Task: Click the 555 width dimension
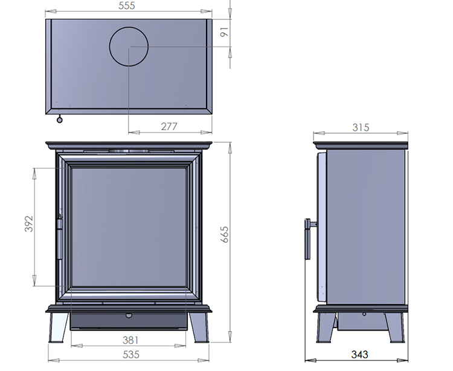pos(127,6)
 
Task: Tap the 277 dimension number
pos(170,126)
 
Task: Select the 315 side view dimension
pos(361,127)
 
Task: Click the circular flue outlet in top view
pos(129,47)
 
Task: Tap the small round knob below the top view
pos(59,119)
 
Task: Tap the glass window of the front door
pos(129,227)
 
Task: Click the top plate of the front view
pos(129,145)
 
